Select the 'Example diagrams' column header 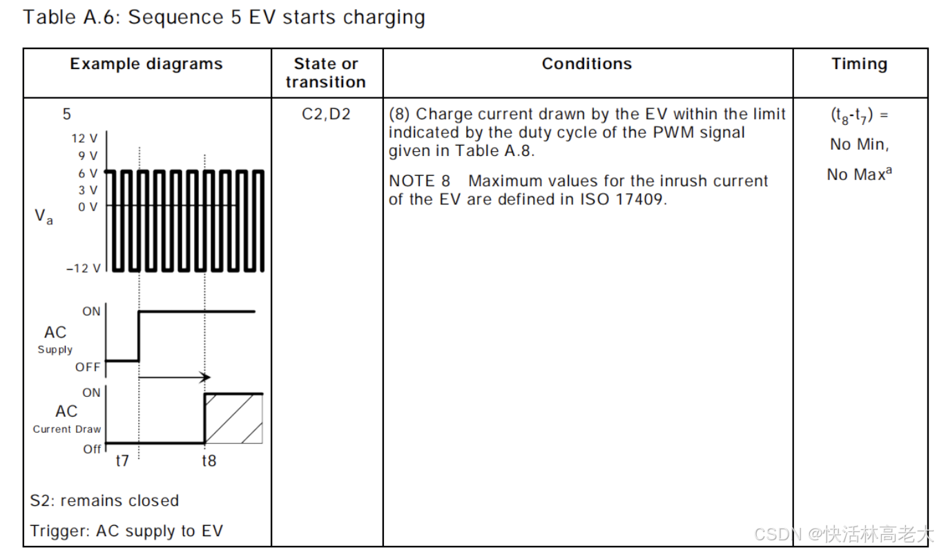pyautogui.click(x=146, y=64)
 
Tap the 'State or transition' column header pyautogui.click(x=326, y=72)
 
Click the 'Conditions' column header pyautogui.click(x=587, y=64)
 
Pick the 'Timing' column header pyautogui.click(x=859, y=64)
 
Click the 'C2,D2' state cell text pyautogui.click(x=326, y=114)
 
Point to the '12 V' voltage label pyautogui.click(x=84, y=138)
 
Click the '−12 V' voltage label pyautogui.click(x=83, y=268)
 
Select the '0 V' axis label pyautogui.click(x=88, y=206)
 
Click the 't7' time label pyautogui.click(x=122, y=460)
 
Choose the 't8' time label pyautogui.click(x=209, y=460)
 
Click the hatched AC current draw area pyautogui.click(x=235, y=418)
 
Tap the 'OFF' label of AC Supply pyautogui.click(x=88, y=367)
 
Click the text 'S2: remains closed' pyautogui.click(x=104, y=500)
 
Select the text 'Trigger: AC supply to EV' pyautogui.click(x=126, y=531)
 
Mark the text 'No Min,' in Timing pyautogui.click(x=859, y=145)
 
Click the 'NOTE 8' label pyautogui.click(x=419, y=181)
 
